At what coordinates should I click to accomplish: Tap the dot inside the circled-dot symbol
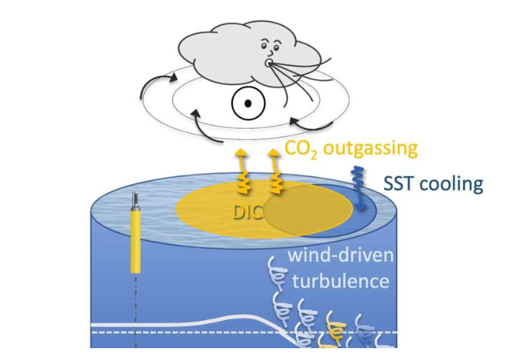coord(249,104)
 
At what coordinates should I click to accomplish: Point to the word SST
coord(403,183)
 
